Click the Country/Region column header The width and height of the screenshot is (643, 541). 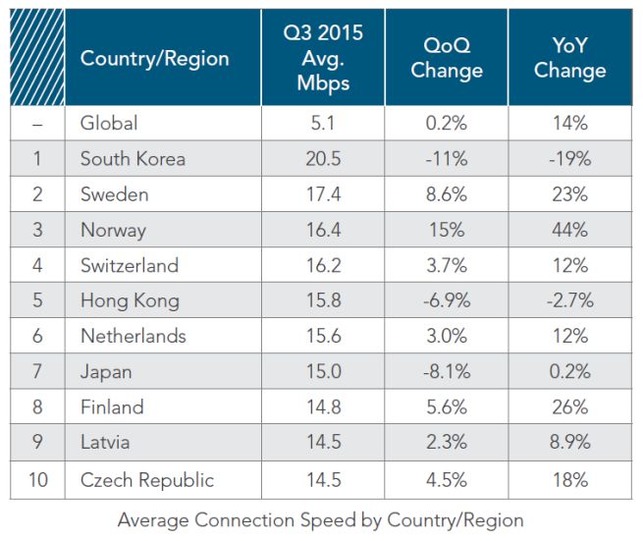154,58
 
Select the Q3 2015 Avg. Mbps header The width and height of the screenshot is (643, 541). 322,57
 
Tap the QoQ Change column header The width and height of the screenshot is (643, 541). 447,58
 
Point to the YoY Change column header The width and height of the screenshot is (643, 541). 569,58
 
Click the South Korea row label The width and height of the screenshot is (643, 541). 133,159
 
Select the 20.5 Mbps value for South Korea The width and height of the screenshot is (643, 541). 322,159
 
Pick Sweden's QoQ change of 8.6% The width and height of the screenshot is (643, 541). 447,194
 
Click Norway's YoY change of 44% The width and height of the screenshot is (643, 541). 569,230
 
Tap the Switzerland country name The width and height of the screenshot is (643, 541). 130,265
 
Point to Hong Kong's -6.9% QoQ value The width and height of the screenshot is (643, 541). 447,300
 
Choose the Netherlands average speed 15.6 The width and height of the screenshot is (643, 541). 322,336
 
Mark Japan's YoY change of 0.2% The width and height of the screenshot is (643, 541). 569,371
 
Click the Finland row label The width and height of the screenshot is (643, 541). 112,406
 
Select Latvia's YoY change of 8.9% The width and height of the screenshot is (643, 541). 569,442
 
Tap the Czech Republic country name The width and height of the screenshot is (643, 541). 147,480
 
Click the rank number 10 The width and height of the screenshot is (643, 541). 36,480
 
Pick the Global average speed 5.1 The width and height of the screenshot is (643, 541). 322,124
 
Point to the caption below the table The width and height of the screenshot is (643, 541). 321,519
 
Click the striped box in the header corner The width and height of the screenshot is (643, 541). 37,58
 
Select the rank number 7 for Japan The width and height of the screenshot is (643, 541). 36,371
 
